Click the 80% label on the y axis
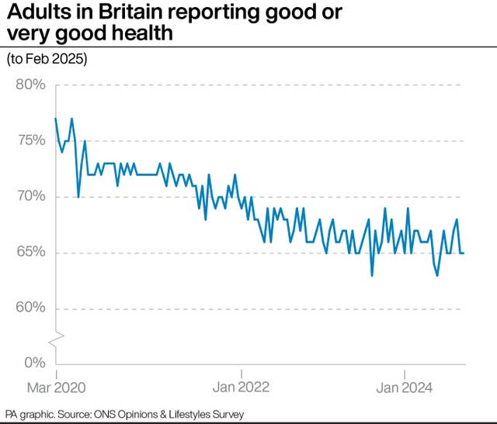pos(31,84)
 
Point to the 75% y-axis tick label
pos(31,140)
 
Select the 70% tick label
pos(31,196)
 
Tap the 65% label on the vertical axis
pos(31,252)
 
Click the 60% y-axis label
pos(31,308)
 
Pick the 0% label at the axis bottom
pos(35,364)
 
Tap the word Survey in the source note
pos(224,414)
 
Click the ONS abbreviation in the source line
pos(110,414)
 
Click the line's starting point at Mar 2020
pos(56,119)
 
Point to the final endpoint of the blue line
pos(464,253)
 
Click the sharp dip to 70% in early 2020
pos(78,196)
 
